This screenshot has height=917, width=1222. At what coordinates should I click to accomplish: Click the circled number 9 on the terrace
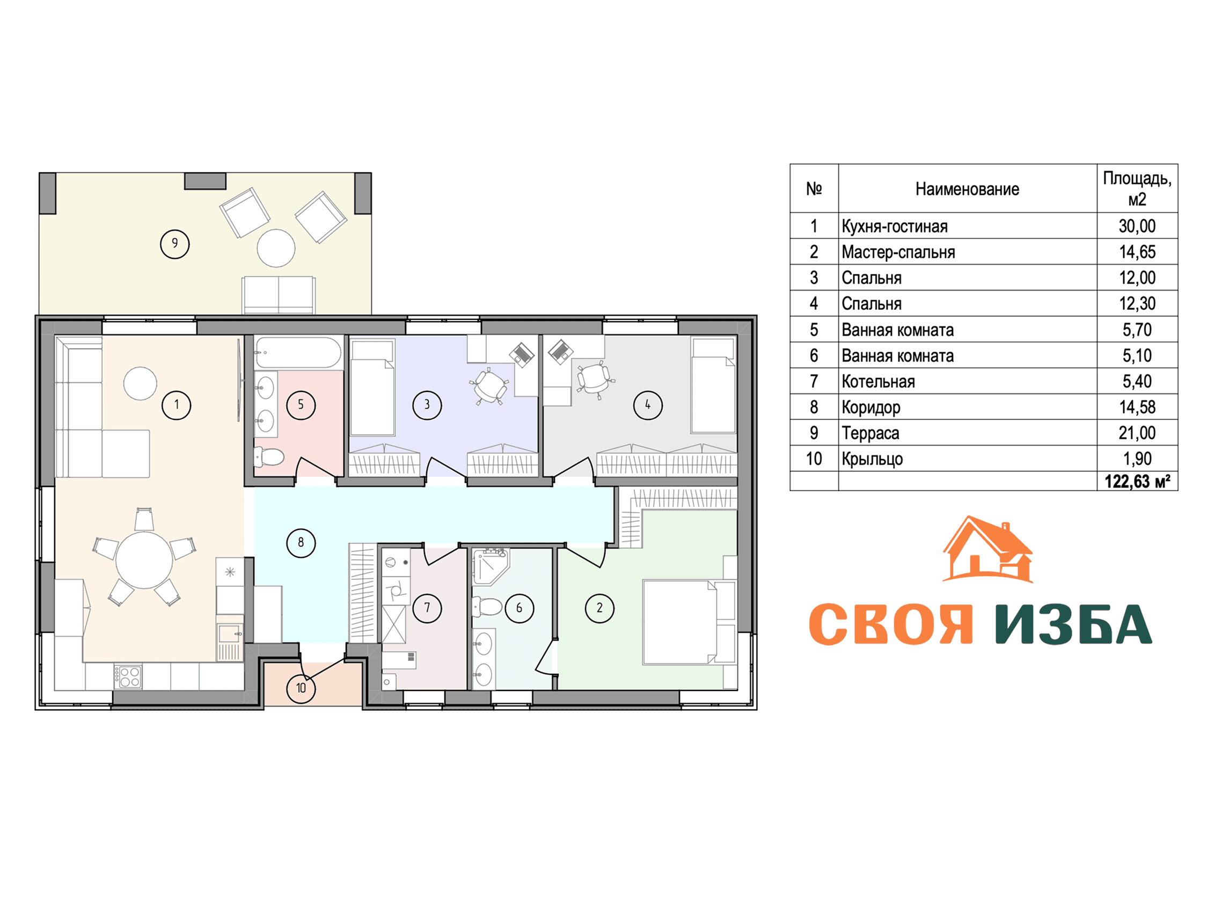tap(174, 244)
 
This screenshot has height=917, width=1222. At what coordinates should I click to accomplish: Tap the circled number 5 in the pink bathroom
tap(301, 405)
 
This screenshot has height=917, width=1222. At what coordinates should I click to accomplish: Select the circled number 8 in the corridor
tap(301, 542)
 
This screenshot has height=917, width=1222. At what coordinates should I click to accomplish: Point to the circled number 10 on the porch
tap(301, 688)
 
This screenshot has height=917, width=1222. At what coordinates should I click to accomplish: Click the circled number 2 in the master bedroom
tap(599, 608)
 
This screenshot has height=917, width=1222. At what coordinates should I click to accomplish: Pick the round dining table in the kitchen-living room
tap(144, 560)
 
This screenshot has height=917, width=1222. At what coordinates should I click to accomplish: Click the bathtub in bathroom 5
tap(298, 352)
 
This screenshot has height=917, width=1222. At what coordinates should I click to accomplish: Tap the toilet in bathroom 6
tap(487, 606)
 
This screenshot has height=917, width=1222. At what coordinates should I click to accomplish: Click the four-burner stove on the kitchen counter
tap(128, 676)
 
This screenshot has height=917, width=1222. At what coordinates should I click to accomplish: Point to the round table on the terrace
tap(276, 248)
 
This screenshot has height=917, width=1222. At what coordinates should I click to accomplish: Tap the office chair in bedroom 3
tap(490, 385)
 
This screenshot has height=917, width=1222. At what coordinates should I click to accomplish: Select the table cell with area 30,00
tap(1137, 226)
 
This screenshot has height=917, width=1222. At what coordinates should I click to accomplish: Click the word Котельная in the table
tap(879, 381)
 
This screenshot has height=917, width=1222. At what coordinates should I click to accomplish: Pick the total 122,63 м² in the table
tap(1137, 482)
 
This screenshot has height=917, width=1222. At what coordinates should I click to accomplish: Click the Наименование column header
tap(967, 189)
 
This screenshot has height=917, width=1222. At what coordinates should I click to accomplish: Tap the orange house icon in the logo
tap(988, 549)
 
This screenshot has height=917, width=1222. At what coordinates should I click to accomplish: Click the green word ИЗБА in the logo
tap(1074, 624)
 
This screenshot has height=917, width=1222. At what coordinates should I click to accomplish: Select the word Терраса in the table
tap(870, 433)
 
